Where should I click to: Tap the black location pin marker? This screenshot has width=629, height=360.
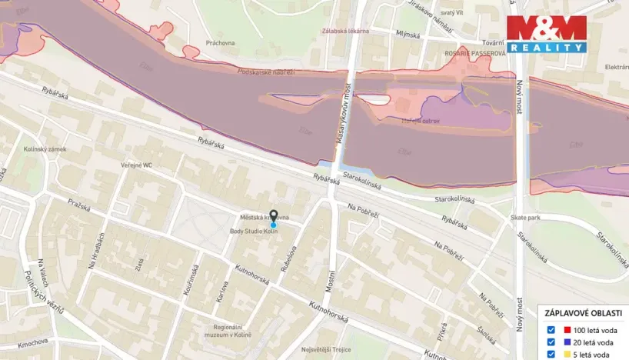[273, 216]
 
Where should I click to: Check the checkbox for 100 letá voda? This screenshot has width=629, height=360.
[551, 330]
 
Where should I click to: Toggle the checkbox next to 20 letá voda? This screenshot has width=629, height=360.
[551, 342]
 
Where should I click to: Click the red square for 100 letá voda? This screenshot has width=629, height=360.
[567, 330]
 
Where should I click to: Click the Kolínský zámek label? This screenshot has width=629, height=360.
[45, 148]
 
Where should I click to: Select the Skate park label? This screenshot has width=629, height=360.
[524, 218]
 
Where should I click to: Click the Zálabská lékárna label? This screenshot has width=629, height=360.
[345, 32]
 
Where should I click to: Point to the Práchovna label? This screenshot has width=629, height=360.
[220, 43]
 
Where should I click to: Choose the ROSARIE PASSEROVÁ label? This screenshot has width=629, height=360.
[475, 55]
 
